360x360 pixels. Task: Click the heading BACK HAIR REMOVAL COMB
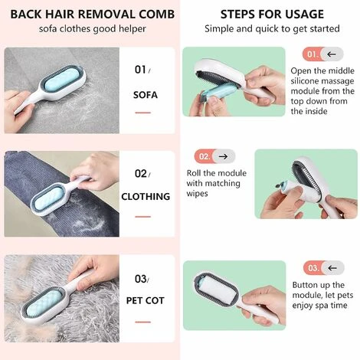pos(93,14)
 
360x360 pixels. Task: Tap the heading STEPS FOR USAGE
pos(272,14)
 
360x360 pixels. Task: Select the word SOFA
pos(146,95)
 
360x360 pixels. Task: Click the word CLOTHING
pos(146,197)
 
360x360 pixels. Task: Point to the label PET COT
pos(146,300)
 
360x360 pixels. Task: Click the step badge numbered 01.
pos(323,54)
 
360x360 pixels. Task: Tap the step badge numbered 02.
pos(214,156)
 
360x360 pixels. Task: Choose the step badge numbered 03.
pos(324,268)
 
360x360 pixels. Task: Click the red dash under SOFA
pos(143,113)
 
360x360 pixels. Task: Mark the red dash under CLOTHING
pos(143,217)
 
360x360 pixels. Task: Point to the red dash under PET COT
pos(143,322)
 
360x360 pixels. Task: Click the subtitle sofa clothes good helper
pos(93,29)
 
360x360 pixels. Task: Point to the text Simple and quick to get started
pos(272,29)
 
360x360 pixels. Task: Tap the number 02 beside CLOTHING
pos(141,174)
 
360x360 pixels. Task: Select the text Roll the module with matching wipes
pos(217,183)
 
